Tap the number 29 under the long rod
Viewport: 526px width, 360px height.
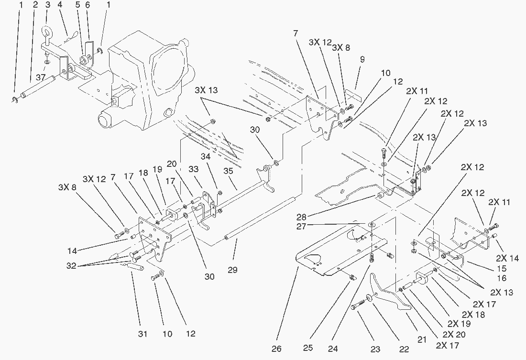[x=233, y=270]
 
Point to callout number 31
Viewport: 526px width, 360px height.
[x=142, y=334]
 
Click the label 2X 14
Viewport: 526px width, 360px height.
[x=507, y=258]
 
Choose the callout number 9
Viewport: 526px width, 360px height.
[x=362, y=60]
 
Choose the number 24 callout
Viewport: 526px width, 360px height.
[x=333, y=349]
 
